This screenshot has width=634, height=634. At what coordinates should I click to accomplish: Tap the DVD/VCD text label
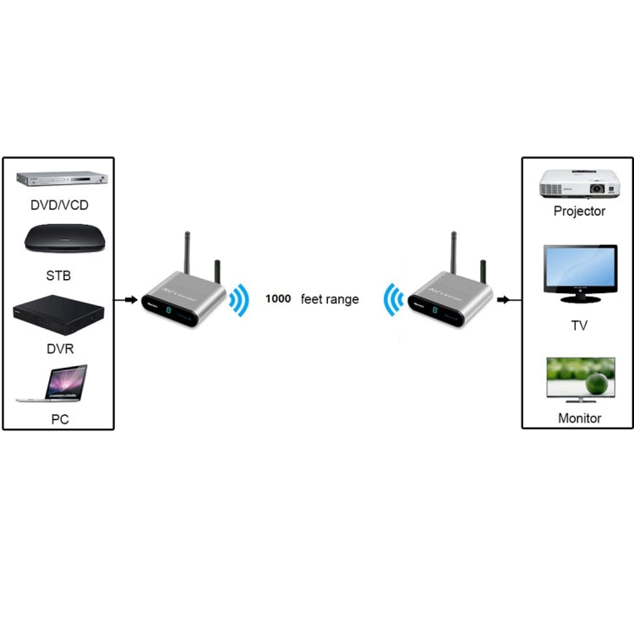pyautogui.click(x=58, y=205)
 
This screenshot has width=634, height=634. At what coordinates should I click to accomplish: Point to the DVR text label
pyautogui.click(x=58, y=347)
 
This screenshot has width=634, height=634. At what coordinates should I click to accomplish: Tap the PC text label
pyautogui.click(x=58, y=418)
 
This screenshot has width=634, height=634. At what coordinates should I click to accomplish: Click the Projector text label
pyautogui.click(x=579, y=211)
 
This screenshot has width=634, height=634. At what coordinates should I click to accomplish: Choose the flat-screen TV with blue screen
pyautogui.click(x=579, y=273)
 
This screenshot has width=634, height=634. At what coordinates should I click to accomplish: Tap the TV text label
pyautogui.click(x=579, y=325)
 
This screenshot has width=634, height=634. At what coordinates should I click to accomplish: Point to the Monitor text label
pyautogui.click(x=579, y=418)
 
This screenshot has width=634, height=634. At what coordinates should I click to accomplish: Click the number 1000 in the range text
pyautogui.click(x=278, y=299)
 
